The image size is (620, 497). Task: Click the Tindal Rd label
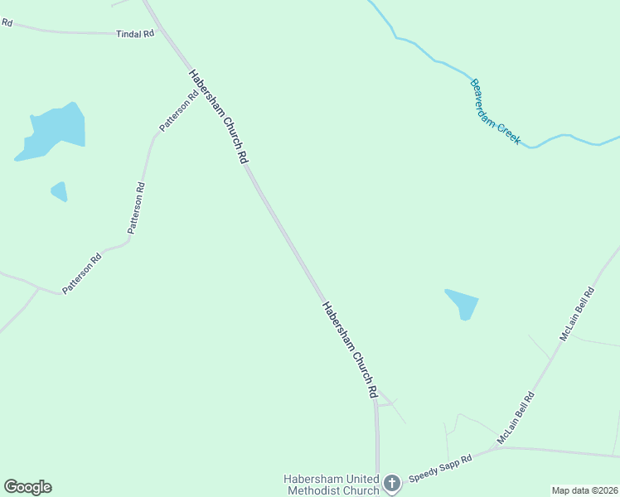136,34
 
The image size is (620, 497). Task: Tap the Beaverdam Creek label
495,112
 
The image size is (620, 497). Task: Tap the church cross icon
392,482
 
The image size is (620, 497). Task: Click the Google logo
27,487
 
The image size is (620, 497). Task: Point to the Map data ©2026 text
584,490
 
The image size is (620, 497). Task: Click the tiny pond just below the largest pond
59,191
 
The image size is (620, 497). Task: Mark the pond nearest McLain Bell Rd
463,303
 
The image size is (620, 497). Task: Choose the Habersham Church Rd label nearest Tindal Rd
219,115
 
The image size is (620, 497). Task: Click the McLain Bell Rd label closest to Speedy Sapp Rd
516,419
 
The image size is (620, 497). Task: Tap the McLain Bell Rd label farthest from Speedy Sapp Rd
577,314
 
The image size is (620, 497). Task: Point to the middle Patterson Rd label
137,207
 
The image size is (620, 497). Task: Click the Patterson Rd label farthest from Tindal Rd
81,273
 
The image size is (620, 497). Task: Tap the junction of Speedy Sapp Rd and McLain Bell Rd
499,448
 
